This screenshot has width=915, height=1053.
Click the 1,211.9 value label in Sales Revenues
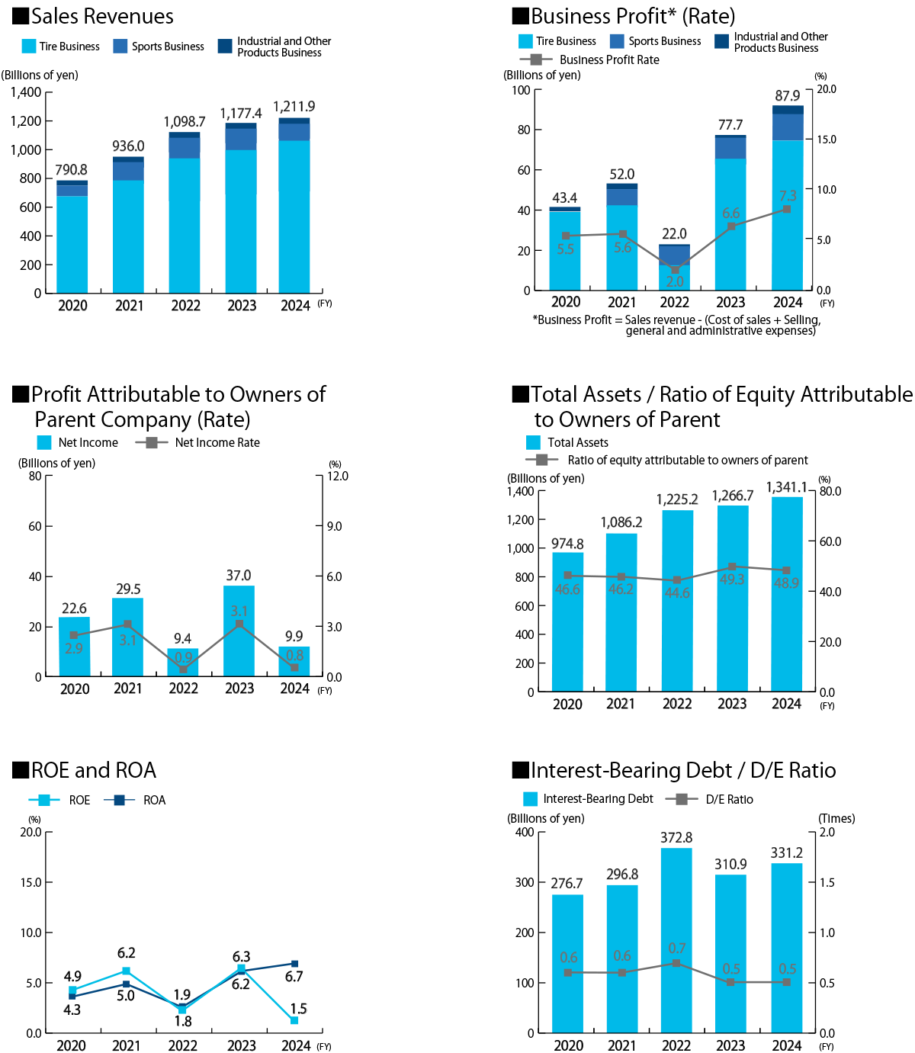(x=294, y=106)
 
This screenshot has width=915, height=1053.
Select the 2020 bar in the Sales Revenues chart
(x=72, y=236)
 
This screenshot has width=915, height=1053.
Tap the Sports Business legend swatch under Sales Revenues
(x=120, y=47)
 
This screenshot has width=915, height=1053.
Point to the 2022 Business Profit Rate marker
(x=675, y=270)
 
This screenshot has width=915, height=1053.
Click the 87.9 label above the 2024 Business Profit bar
(x=787, y=96)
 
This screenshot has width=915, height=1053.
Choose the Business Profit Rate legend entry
(x=589, y=59)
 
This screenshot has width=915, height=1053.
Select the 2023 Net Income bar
(x=239, y=631)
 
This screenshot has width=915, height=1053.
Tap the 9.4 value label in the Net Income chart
(x=182, y=638)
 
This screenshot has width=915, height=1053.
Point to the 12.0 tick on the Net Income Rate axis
(x=337, y=476)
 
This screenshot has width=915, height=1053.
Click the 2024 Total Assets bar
(x=786, y=594)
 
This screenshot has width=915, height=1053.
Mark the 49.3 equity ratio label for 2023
(x=731, y=579)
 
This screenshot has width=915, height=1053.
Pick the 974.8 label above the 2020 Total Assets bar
(x=567, y=544)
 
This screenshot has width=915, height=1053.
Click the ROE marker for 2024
(x=294, y=1019)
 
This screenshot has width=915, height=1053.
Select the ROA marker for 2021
(x=126, y=984)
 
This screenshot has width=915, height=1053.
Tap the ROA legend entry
(x=135, y=800)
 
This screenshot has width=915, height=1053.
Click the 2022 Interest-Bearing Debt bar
(x=676, y=940)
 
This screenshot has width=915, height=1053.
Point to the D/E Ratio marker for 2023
(x=730, y=982)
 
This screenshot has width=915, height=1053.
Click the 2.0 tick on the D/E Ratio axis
(x=827, y=832)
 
